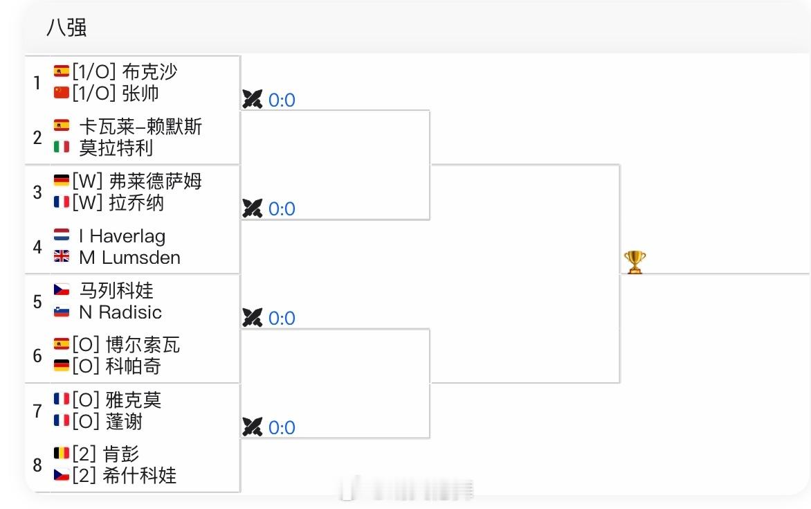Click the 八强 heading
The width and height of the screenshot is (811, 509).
click(66, 28)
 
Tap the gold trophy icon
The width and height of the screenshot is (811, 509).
click(635, 262)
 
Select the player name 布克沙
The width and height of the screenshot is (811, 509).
click(149, 71)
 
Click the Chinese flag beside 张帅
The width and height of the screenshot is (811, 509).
click(62, 93)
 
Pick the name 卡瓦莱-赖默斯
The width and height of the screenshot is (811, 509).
click(140, 126)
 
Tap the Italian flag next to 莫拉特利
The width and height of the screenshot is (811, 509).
click(62, 147)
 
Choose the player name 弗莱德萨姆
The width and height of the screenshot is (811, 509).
click(156, 181)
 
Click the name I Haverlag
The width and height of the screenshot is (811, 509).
click(122, 236)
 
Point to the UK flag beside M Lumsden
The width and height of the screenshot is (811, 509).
click(62, 257)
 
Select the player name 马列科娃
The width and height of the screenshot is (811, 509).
click(116, 290)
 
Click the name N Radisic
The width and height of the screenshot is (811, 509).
click(120, 312)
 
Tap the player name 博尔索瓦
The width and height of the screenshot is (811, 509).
click(143, 345)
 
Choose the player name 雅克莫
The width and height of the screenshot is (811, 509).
click(134, 400)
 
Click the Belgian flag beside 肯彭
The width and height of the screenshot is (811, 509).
click(62, 454)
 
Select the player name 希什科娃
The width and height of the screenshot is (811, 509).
click(139, 475)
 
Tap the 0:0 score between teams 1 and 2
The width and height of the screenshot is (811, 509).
click(282, 100)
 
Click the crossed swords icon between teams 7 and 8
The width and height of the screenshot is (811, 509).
click(252, 427)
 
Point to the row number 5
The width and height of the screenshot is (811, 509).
click(37, 301)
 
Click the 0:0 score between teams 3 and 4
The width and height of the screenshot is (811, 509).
click(282, 209)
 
